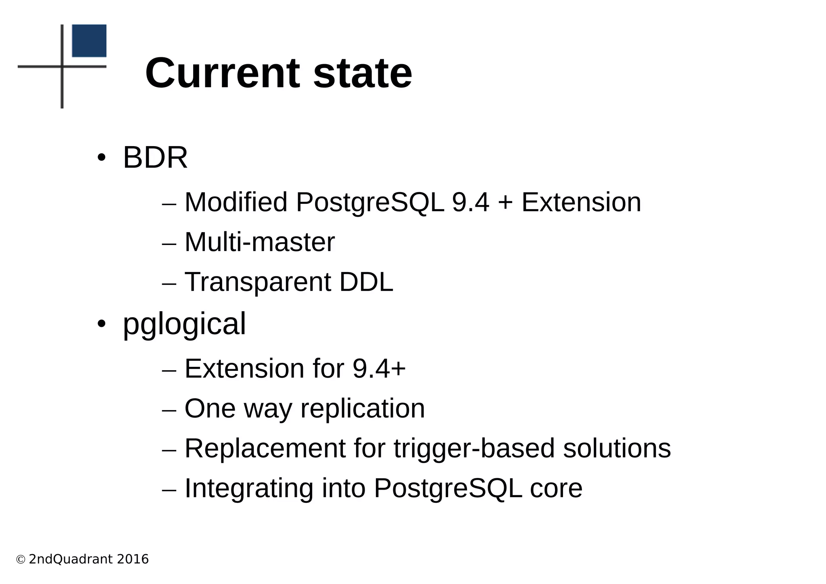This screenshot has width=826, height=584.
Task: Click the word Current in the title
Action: [x=222, y=73]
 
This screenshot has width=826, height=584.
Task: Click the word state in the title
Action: [x=363, y=73]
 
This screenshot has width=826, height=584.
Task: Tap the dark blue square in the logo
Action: [x=89, y=41]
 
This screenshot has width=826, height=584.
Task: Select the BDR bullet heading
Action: [x=155, y=157]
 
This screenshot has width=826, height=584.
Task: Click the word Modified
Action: [x=236, y=202]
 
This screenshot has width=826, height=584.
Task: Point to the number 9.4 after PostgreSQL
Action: [x=471, y=202]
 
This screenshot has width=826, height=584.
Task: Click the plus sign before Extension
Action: [x=505, y=203]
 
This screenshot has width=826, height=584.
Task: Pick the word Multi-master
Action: [x=259, y=242]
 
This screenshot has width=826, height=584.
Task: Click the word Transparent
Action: [x=257, y=282]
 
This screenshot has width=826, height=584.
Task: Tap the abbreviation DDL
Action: [x=366, y=282]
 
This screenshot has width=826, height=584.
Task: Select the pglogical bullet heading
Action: [x=184, y=324]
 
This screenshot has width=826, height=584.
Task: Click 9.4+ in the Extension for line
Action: [x=379, y=368]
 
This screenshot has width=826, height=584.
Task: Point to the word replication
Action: [x=363, y=408]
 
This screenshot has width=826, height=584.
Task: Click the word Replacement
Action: [x=265, y=448]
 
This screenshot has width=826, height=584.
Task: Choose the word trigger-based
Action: [x=474, y=448]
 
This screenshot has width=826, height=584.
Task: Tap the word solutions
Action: [x=617, y=448]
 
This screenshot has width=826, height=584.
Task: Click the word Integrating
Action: [x=249, y=488]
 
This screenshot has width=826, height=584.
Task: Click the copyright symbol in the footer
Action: [x=21, y=559]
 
